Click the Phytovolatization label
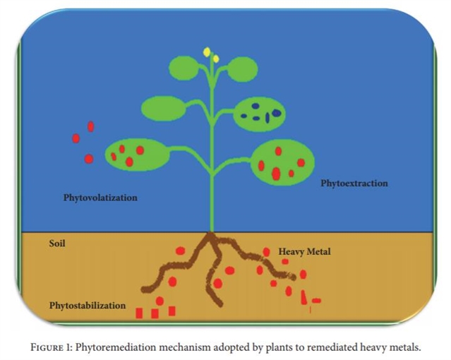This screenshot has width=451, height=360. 100,198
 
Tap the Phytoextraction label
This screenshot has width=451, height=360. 354,184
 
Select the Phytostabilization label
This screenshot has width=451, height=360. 88,306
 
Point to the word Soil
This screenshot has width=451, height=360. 57,244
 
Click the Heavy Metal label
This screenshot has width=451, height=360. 304,251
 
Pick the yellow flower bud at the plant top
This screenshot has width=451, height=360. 208,52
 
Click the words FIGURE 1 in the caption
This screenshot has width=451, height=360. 51,347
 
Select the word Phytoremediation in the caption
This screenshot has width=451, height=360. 114,347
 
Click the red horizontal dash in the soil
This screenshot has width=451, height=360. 316,301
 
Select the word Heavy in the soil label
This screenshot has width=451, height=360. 291,251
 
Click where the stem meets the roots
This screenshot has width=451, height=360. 210,233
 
